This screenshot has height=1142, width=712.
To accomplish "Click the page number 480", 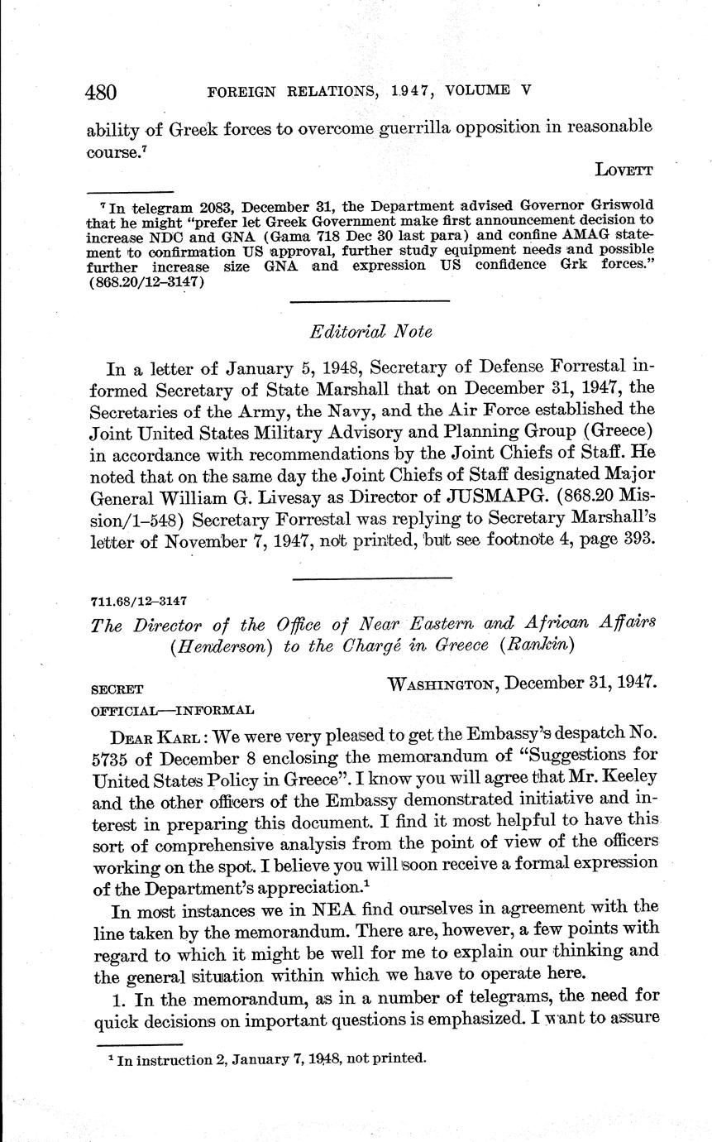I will (x=102, y=91).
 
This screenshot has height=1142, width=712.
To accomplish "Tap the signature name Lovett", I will (x=624, y=170).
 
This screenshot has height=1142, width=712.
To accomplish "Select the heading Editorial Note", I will (x=370, y=331).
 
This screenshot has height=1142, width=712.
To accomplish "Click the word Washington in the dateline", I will (x=442, y=684).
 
